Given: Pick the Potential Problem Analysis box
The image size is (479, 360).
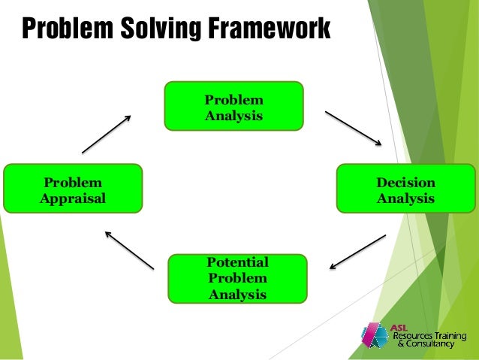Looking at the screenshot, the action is point(238,278).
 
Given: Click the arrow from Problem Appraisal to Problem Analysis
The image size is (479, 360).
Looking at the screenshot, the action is point(106,134).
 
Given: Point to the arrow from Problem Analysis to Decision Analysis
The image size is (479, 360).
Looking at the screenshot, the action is point(353,127).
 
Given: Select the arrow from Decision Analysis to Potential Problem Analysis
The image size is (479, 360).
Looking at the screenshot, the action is point(357,251).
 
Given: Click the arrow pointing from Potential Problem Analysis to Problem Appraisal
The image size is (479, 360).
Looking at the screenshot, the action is point(129,250).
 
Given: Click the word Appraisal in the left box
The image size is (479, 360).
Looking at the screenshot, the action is point(73,199).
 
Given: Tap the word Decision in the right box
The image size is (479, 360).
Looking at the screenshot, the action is point(406,182).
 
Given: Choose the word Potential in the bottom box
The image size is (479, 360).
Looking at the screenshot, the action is point(238,262).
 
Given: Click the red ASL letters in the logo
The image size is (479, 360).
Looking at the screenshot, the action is point(400,327).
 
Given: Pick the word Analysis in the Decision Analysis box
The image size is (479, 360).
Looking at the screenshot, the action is point(406,199).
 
